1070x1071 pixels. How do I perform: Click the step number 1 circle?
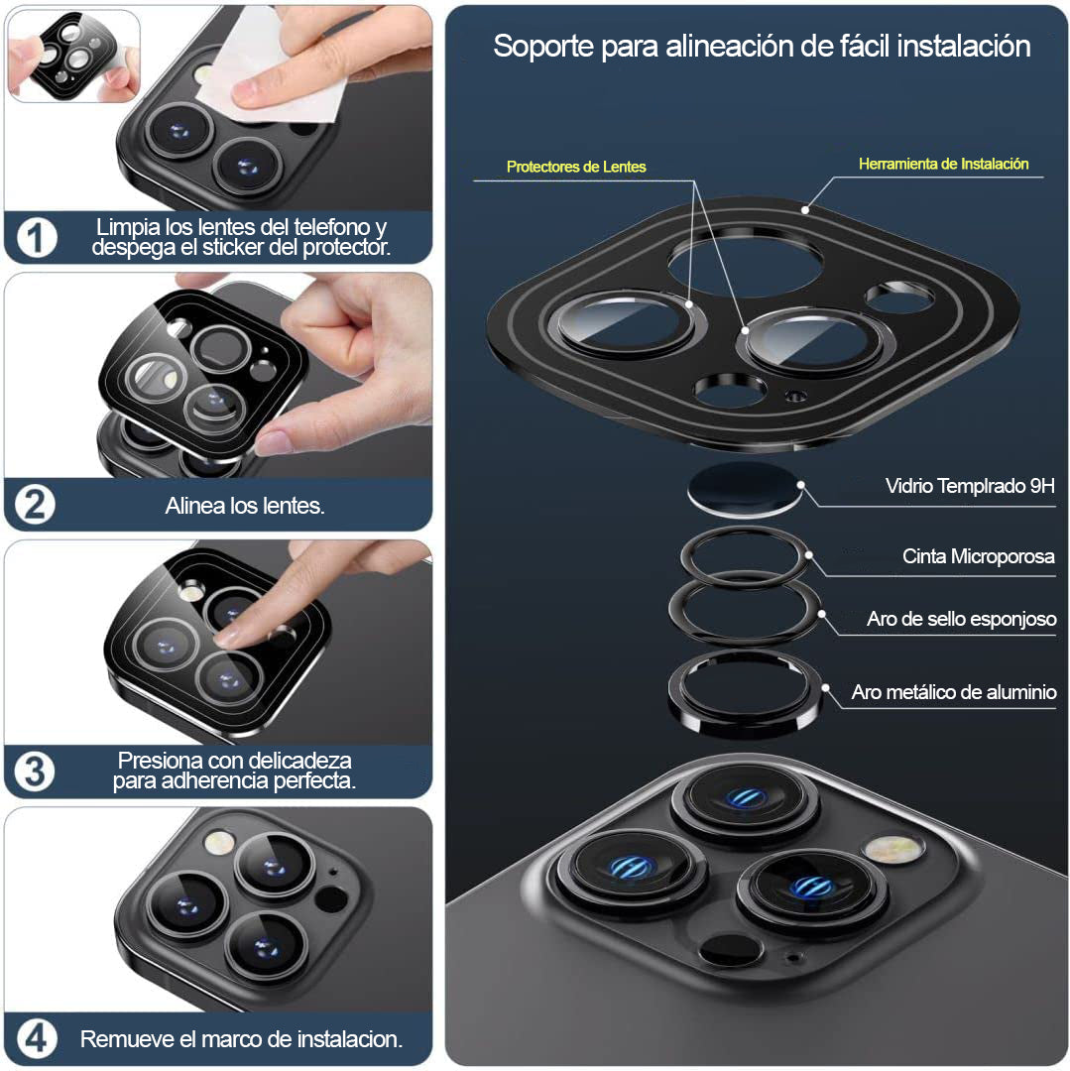37,238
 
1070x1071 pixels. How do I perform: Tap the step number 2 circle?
35,505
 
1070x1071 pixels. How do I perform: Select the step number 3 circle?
35,772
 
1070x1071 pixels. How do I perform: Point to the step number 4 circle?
36,1038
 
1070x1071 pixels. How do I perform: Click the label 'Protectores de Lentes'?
576,167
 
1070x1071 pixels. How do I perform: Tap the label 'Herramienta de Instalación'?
944,164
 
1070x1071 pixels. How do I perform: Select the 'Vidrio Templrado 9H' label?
970,486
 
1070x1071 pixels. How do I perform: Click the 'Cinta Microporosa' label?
979,556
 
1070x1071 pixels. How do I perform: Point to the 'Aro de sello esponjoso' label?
962,619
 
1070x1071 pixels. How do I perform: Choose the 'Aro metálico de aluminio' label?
954,692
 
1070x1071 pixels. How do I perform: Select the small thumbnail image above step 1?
73,56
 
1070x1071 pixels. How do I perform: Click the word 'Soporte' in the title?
543,47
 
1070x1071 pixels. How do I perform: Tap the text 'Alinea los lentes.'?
245,506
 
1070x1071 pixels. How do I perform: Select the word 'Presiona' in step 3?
161,761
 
